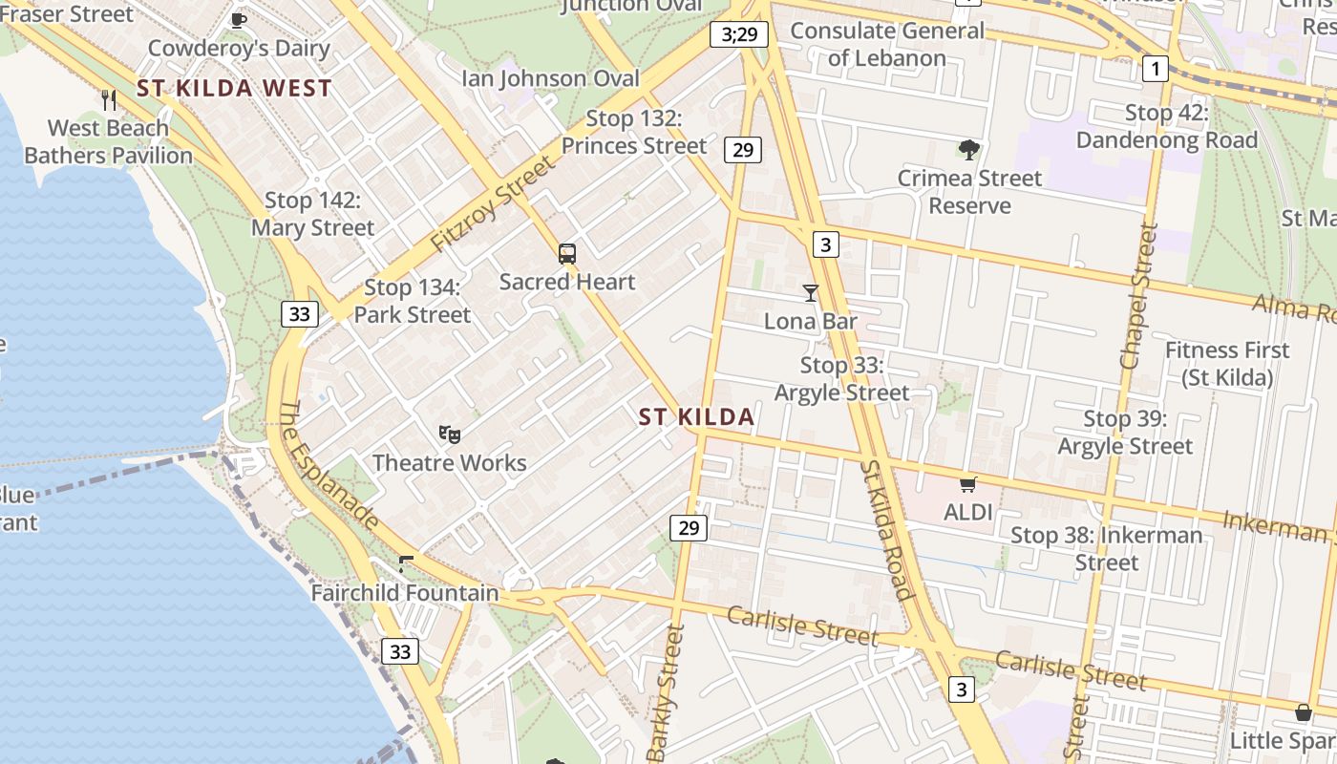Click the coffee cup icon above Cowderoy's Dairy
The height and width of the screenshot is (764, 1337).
pyautogui.click(x=239, y=19)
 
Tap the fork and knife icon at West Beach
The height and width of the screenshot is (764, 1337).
pyautogui.click(x=109, y=99)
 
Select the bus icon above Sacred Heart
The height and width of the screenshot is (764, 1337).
pyautogui.click(x=567, y=254)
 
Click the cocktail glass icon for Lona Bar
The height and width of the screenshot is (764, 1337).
pyautogui.click(x=811, y=293)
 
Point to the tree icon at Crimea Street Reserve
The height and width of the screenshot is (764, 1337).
pyautogui.click(x=969, y=150)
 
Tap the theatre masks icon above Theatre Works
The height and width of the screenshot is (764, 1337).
pyautogui.click(x=450, y=435)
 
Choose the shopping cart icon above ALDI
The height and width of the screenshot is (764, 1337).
pyautogui.click(x=968, y=484)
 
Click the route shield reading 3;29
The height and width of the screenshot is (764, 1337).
pyautogui.click(x=739, y=35)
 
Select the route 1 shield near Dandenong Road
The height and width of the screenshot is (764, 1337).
pyautogui.click(x=1156, y=68)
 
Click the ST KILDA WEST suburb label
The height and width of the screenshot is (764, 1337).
pyautogui.click(x=234, y=89)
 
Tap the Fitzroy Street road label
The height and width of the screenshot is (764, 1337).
pyautogui.click(x=492, y=204)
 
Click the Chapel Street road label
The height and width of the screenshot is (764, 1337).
pyautogui.click(x=1139, y=296)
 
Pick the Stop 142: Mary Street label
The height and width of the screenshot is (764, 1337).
pyautogui.click(x=313, y=214)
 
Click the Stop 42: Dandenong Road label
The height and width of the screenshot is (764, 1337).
pyautogui.click(x=1166, y=127)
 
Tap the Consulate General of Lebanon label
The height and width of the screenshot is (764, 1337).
pyautogui.click(x=887, y=44)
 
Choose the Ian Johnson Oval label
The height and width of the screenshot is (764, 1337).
pyautogui.click(x=551, y=78)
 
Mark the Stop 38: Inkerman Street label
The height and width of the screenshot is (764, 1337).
pyautogui.click(x=1107, y=548)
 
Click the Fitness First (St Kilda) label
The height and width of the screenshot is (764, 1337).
pyautogui.click(x=1227, y=364)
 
